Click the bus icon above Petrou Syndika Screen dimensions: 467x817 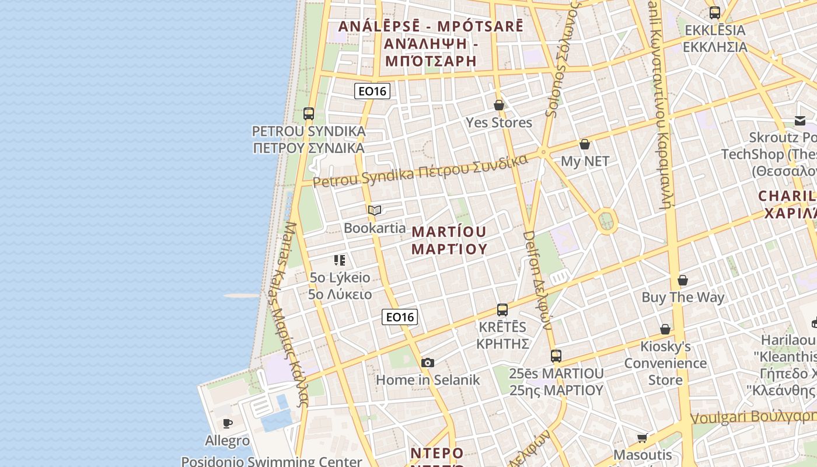(x=309, y=114)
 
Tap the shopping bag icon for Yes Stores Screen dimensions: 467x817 (x=499, y=106)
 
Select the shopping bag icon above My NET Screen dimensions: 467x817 (x=585, y=144)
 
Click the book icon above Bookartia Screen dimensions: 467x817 (x=375, y=210)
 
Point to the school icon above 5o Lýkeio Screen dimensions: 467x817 (x=340, y=260)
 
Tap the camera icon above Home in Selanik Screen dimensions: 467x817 (x=428, y=363)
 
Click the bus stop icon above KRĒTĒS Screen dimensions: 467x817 (x=502, y=310)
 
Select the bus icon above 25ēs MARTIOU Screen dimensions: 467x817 (x=556, y=356)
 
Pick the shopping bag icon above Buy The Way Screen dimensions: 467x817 (x=683, y=280)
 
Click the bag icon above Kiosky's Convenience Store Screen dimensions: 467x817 (x=665, y=329)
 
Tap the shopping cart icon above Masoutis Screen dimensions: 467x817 (x=643, y=438)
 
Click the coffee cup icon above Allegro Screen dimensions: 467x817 (x=228, y=423)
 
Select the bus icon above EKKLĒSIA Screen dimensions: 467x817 (x=715, y=12)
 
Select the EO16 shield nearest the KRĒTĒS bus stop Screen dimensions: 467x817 (x=400, y=317)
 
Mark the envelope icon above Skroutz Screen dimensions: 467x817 (x=800, y=121)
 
